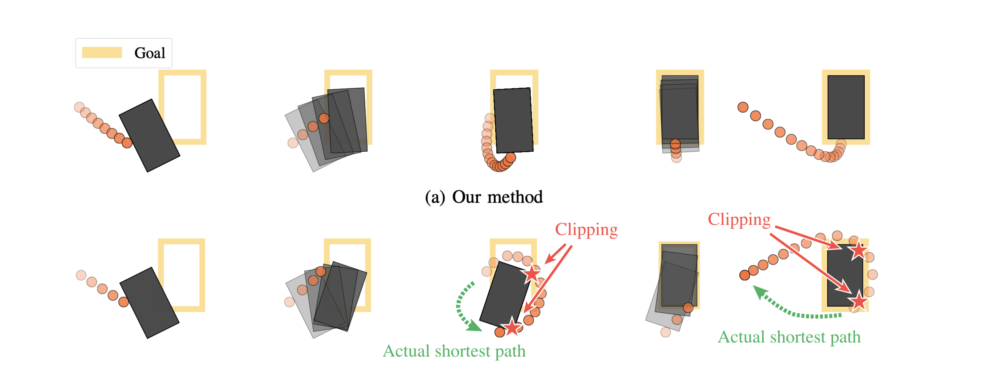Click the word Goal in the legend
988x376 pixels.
click(149, 53)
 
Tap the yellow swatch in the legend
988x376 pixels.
click(102, 53)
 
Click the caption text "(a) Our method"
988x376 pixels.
click(483, 197)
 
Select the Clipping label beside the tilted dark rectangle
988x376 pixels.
click(586, 230)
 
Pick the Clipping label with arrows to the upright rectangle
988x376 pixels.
click(739, 220)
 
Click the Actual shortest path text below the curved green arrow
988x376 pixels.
click(454, 351)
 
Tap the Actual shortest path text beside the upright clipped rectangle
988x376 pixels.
click(789, 337)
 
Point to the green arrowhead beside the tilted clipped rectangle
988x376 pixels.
click(473, 326)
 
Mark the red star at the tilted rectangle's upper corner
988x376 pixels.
click(532, 273)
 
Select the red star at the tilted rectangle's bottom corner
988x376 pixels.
click(512, 326)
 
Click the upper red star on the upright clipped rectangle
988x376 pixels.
click(858, 250)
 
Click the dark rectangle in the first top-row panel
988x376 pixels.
click(149, 135)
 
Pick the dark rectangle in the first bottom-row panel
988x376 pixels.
click(149, 303)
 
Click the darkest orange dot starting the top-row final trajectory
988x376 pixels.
click(743, 107)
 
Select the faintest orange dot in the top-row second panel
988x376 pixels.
click(293, 143)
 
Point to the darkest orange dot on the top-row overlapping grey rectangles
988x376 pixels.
click(324, 118)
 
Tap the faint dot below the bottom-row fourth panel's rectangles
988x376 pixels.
click(666, 332)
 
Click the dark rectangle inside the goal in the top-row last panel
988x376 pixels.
click(846, 107)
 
